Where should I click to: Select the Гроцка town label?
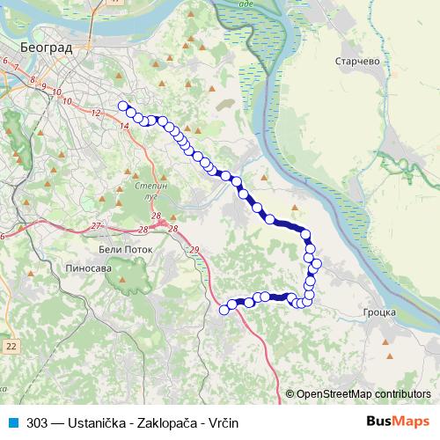pos(380,312)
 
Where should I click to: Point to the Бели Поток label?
pos(121,250)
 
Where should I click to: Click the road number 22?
pos(10,347)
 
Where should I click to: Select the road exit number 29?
pos(194,251)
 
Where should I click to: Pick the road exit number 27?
pos(98,226)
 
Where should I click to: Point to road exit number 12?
pos(97,113)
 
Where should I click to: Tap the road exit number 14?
pos(124,127)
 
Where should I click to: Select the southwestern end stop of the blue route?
pos(224,309)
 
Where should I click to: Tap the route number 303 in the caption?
pos(37,422)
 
